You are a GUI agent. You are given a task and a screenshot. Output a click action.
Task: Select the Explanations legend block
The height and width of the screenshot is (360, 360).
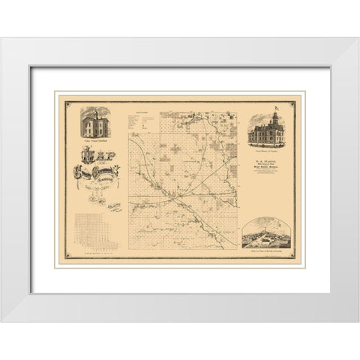point(142,127)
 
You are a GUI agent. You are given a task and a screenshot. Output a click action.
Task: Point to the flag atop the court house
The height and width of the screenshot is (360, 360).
point(275,108)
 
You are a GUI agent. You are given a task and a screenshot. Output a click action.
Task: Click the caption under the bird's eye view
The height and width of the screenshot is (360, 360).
point(267,254)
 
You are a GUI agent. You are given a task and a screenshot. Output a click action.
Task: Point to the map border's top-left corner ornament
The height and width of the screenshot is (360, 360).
point(66,100)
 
